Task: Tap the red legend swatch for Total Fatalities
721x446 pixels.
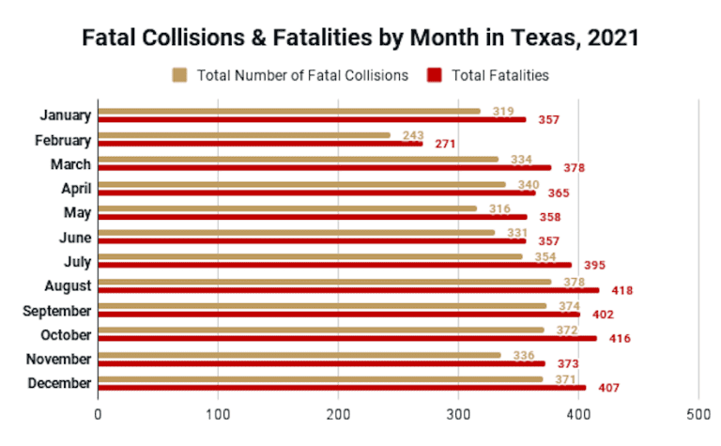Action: click(435, 75)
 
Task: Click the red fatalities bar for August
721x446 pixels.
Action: click(347, 290)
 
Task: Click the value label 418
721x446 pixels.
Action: click(621, 290)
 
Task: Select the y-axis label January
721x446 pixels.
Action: click(66, 115)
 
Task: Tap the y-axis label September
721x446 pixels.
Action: click(57, 311)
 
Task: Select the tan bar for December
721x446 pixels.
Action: click(320, 379)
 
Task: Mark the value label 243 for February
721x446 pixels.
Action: click(413, 135)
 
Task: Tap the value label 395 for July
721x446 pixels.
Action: click(597, 266)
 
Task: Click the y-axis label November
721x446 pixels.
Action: click(59, 360)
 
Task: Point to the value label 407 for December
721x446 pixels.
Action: click(608, 388)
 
